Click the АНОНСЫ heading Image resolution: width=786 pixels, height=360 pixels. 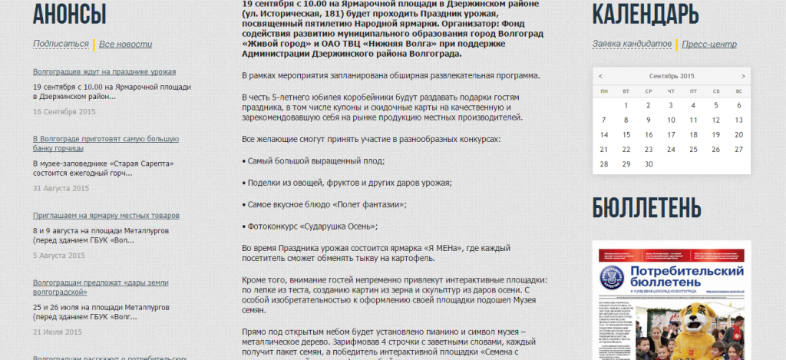70,13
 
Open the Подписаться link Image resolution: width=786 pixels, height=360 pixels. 61,45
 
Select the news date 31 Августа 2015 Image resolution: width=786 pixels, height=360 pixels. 61,188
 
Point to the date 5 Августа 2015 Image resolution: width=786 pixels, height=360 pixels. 59,256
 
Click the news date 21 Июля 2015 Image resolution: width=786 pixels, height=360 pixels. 58,332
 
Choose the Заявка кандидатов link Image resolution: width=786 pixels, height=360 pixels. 632,44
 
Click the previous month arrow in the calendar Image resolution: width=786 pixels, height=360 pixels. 600,76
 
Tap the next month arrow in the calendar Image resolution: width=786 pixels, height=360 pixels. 743,76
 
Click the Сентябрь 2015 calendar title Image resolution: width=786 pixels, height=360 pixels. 671,76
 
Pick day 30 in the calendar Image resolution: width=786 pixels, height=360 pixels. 649,163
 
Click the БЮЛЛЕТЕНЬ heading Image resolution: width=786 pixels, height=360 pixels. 647,207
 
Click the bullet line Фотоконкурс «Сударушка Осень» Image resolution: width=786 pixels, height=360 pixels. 310,226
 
